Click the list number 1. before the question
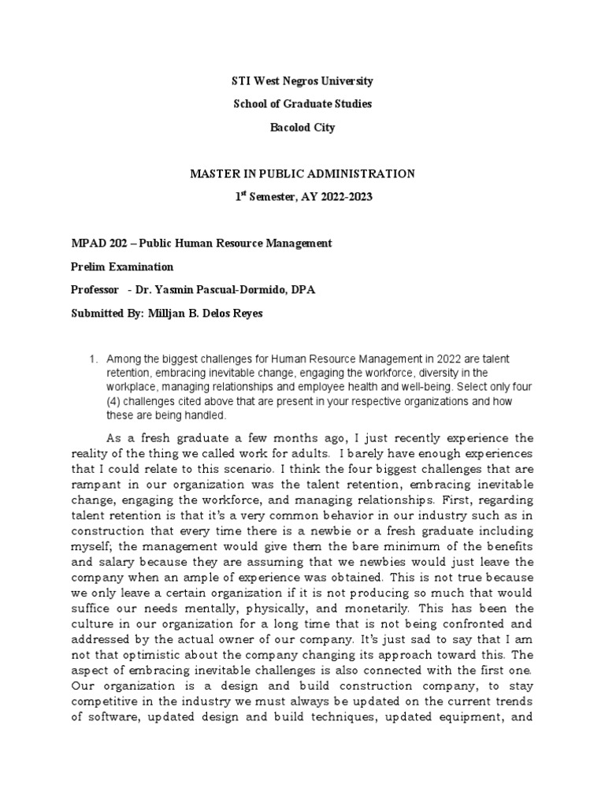94,359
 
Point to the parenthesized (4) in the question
115,402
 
